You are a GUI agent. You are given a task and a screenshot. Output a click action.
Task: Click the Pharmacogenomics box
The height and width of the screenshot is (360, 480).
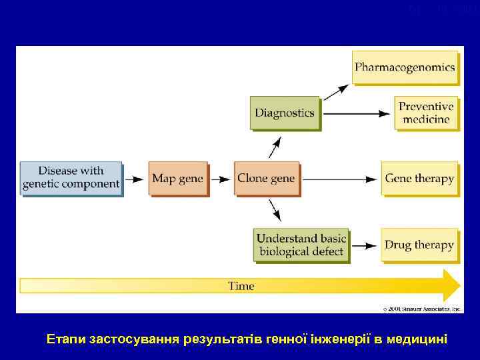[405, 67]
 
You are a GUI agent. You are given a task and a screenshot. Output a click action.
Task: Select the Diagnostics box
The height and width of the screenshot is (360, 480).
[284, 113]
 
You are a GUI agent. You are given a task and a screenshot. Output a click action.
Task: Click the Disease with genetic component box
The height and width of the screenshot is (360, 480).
[71, 178]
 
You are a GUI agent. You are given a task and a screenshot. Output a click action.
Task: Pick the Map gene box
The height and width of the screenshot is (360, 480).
[177, 178]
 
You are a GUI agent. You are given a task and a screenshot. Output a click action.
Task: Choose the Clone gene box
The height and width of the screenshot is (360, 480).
[265, 178]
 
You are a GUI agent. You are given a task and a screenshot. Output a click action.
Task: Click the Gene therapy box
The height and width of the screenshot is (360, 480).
[419, 178]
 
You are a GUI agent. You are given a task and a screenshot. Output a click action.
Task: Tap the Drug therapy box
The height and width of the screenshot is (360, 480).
[419, 245]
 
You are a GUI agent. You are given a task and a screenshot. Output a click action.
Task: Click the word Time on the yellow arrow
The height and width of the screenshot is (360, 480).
[241, 286]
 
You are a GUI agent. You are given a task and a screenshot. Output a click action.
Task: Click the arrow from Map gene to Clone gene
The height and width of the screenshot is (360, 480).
[221, 179]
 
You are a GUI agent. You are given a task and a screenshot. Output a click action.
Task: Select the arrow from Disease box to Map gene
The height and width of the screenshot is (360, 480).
[135, 179]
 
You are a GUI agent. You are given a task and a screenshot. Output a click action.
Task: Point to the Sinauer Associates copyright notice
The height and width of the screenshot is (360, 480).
[422, 309]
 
